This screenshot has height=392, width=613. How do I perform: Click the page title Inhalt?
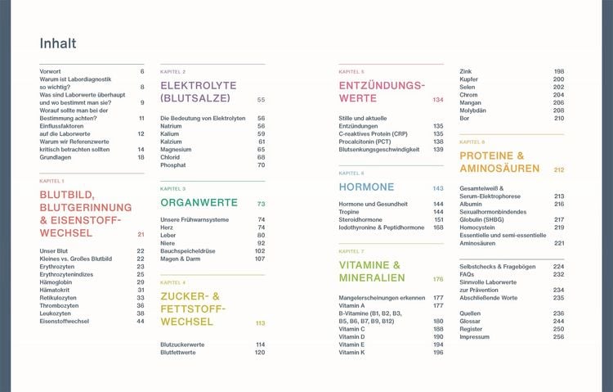click(x=58, y=43)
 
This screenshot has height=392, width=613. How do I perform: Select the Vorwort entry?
click(x=50, y=71)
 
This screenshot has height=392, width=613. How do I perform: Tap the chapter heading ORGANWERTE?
click(x=199, y=202)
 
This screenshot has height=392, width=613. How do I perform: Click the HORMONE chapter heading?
click(x=366, y=187)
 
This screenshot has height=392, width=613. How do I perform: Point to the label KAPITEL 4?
click(x=172, y=282)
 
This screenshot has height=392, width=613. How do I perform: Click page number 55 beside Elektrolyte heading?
click(x=262, y=100)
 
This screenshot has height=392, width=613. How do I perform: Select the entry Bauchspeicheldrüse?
click(x=188, y=251)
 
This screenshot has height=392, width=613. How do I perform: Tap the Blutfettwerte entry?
click(x=178, y=353)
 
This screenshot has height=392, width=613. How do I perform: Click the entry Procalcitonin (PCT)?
click(x=365, y=142)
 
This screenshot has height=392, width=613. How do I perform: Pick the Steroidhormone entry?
click(x=360, y=219)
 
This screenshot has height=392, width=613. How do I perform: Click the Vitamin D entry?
click(x=351, y=337)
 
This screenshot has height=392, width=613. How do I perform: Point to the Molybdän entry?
click(x=472, y=110)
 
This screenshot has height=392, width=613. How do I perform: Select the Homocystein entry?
click(x=477, y=228)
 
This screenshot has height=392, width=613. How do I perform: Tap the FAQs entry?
click(x=467, y=274)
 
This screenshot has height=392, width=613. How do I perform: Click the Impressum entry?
click(x=475, y=337)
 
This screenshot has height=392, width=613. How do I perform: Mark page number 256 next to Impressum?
click(x=559, y=337)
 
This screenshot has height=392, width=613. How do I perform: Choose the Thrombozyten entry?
click(x=59, y=305)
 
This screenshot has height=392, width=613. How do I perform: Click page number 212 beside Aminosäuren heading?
click(x=559, y=170)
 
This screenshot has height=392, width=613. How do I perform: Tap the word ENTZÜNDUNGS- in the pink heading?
click(x=382, y=85)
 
